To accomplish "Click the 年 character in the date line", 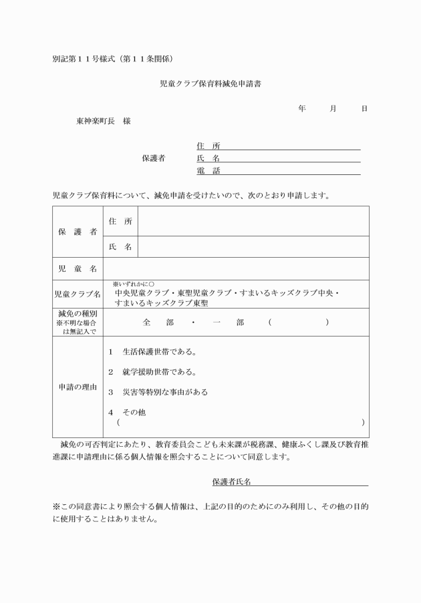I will click(302, 108).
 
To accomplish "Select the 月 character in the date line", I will click(333, 108).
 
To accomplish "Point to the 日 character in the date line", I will click(364, 108).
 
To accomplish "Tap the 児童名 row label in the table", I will click(78, 268).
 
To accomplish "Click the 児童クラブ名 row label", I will click(78, 294).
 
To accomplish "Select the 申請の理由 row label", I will click(78, 387).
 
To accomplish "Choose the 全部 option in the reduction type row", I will click(158, 323).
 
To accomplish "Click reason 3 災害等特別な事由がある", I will click(160, 392).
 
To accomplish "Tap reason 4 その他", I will click(131, 413).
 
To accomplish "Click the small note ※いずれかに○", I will click(134, 284).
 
